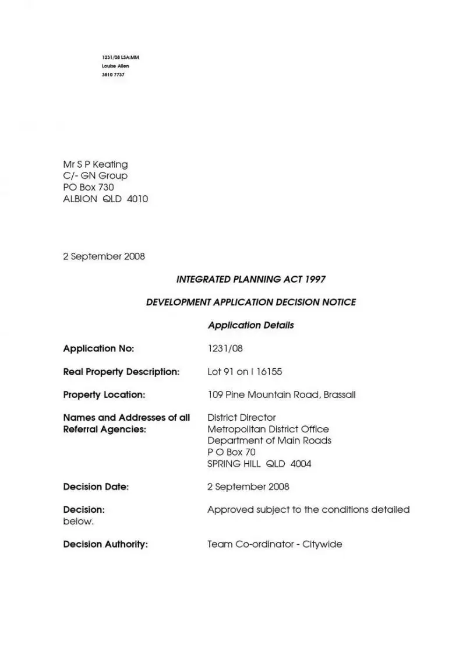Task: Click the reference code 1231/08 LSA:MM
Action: (x=121, y=58)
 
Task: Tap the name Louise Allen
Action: (x=115, y=66)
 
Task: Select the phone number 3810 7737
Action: (x=113, y=75)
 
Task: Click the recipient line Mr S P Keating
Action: (x=95, y=164)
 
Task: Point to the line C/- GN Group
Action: (x=95, y=176)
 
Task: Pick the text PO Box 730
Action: (x=89, y=188)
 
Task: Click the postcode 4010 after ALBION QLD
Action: (x=137, y=199)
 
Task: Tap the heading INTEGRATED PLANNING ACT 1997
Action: (x=250, y=279)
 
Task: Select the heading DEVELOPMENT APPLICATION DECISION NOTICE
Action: (x=250, y=302)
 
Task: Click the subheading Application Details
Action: (x=250, y=325)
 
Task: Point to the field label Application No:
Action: (x=98, y=348)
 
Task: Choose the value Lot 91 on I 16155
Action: (x=245, y=372)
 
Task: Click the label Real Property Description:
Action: (x=121, y=372)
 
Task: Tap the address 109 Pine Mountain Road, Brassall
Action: (x=281, y=395)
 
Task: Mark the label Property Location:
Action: (x=104, y=395)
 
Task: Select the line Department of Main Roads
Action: (x=269, y=441)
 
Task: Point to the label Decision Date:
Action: (x=96, y=487)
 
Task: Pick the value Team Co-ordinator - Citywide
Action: (x=274, y=545)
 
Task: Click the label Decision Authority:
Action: (x=105, y=545)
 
